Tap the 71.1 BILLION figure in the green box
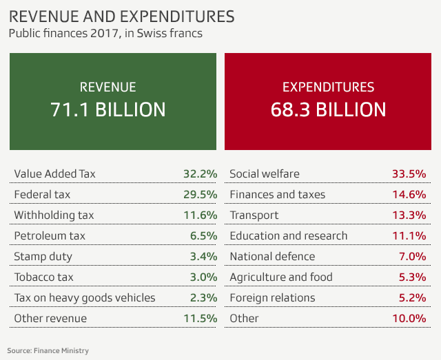coord(108,109)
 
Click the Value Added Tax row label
coord(54,173)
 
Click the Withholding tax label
coord(54,215)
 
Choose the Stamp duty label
coord(43,256)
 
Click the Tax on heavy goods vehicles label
coord(84,297)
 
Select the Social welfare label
coord(265,173)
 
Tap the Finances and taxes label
coord(277,194)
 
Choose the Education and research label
coord(289,235)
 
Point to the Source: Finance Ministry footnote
coord(48,350)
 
